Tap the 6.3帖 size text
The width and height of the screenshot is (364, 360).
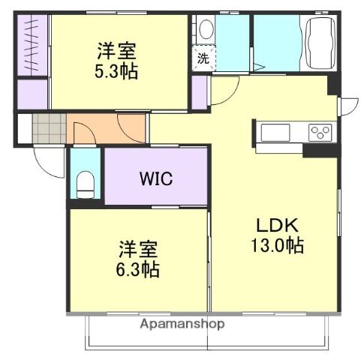[138, 268]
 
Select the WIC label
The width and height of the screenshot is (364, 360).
[155, 179]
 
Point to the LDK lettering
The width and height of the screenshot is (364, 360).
[278, 225]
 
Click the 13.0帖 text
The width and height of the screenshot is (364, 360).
[278, 245]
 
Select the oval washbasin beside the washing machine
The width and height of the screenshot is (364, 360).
[205, 30]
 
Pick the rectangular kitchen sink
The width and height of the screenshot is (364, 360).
[274, 133]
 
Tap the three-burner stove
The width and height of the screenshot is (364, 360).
[320, 133]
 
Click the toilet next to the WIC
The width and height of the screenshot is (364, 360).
[86, 182]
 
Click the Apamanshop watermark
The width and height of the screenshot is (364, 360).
[181, 325]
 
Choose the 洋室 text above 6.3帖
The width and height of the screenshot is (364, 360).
[138, 248]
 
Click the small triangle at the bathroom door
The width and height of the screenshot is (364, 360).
[257, 67]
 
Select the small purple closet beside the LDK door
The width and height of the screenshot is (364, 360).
[199, 91]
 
